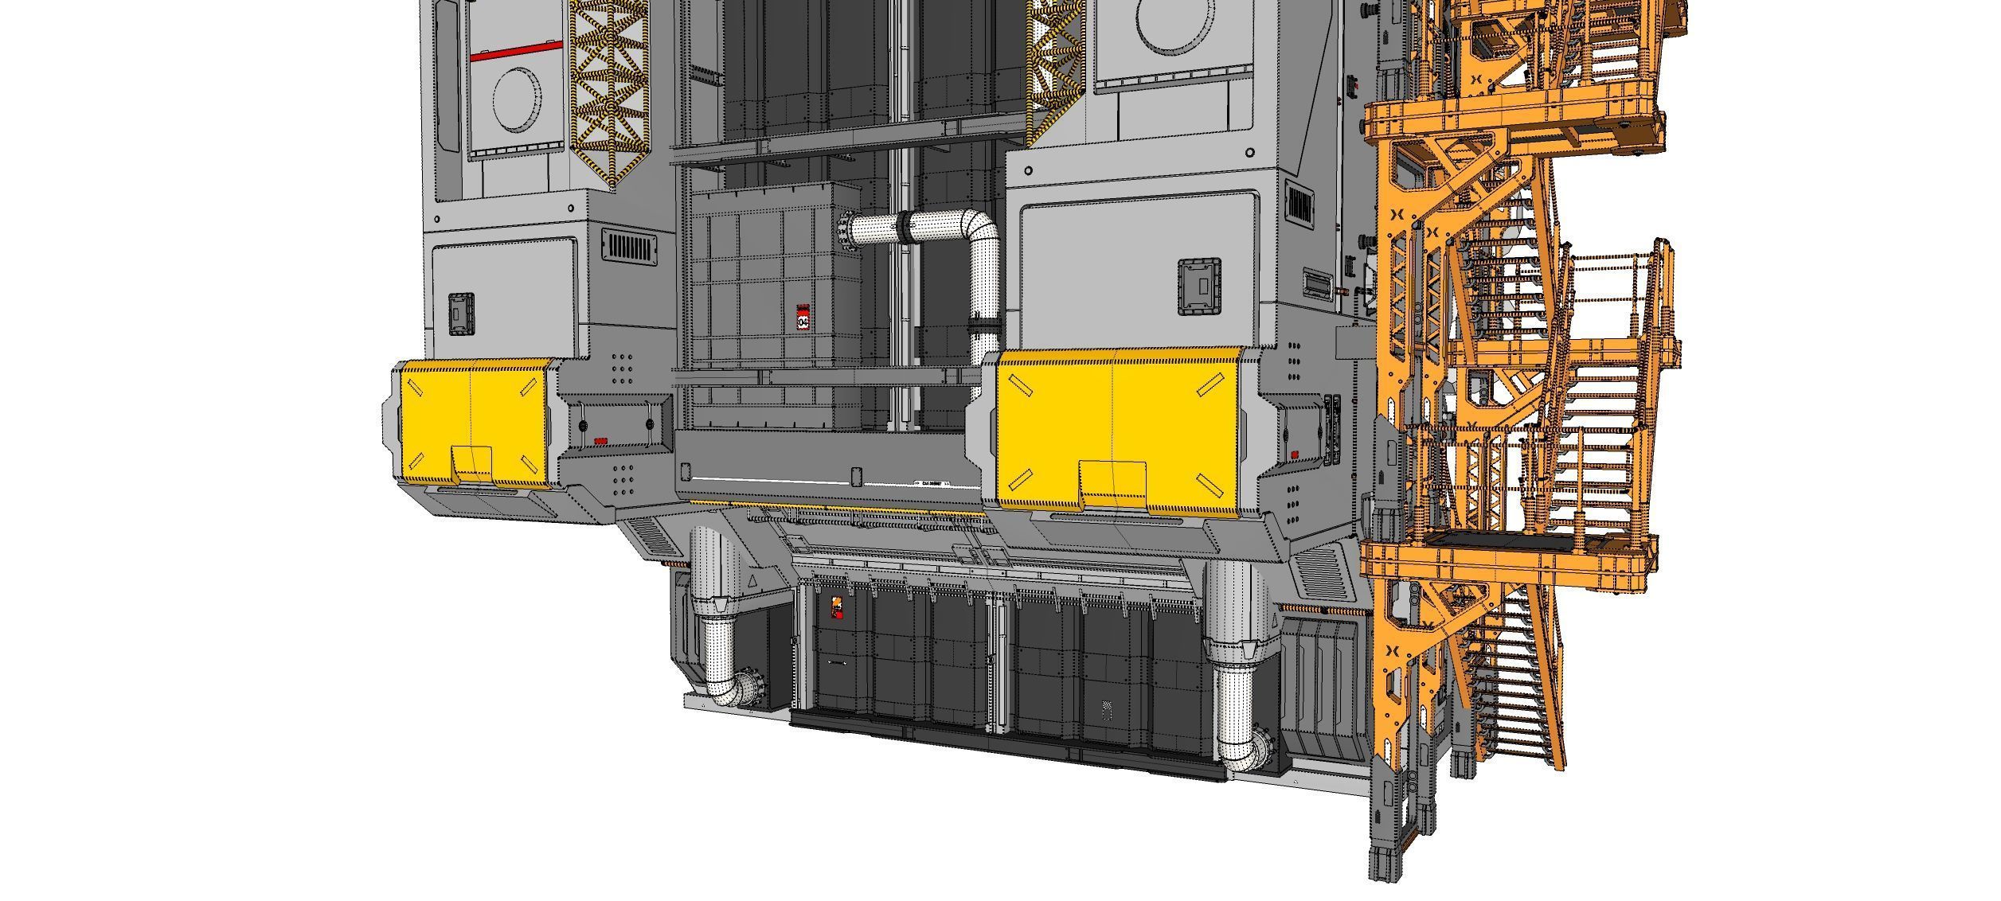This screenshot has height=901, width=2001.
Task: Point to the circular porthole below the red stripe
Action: [x=517, y=99]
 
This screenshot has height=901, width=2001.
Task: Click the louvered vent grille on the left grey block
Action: [x=629, y=246]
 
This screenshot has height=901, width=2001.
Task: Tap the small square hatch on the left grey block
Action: [x=461, y=313]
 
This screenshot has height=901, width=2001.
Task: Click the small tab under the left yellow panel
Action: [x=472, y=463]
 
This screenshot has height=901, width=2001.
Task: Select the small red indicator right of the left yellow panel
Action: [x=600, y=440]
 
